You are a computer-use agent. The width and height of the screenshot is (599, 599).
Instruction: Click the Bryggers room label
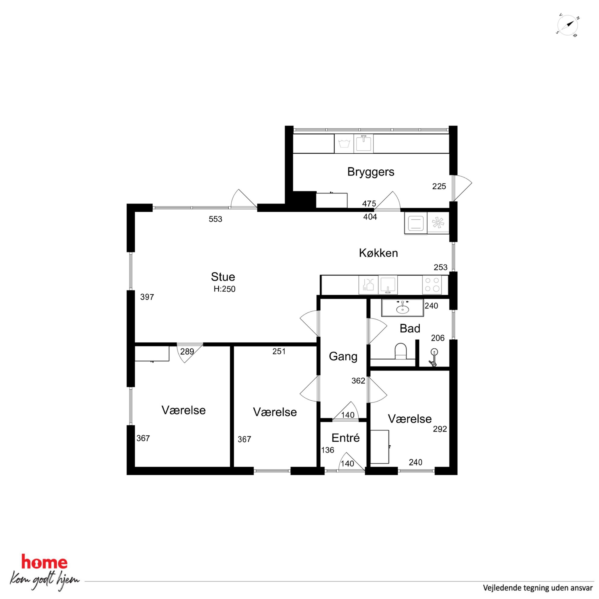(370, 172)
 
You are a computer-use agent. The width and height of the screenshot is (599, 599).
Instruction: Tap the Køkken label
(378, 253)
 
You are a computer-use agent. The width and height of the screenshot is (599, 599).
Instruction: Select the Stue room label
(223, 277)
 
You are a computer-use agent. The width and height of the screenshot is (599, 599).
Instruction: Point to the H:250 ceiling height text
(224, 289)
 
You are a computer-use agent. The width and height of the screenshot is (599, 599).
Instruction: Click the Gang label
(343, 357)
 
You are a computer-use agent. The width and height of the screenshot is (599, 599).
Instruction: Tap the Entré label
(346, 438)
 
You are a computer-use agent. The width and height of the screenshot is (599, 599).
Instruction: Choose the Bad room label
(410, 328)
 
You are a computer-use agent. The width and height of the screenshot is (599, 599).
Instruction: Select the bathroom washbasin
(402, 308)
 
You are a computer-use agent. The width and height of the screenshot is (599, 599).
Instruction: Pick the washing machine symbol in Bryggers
(344, 143)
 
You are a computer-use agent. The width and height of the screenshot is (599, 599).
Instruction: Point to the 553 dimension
(216, 219)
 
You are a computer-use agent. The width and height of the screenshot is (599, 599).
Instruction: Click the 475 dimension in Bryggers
(369, 204)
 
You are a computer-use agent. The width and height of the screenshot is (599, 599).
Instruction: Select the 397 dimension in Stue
(147, 297)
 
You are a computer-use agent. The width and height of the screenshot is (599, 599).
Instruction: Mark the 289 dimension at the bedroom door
(187, 352)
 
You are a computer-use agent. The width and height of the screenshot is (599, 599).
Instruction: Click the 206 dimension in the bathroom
(438, 338)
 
